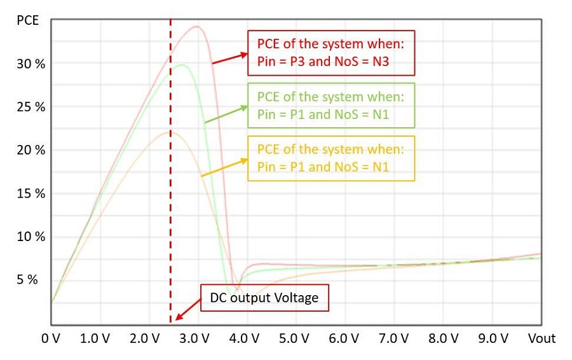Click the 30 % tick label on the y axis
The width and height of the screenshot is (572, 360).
31,64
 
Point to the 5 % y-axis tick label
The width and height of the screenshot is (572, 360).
27,280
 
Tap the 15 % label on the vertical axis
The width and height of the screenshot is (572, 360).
31,193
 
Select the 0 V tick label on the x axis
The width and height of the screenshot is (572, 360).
51,338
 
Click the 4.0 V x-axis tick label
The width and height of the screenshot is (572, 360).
244,338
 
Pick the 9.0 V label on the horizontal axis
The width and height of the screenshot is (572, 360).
493,338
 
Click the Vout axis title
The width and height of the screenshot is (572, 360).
541,338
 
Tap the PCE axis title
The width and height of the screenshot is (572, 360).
28,20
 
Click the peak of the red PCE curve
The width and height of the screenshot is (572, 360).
198,26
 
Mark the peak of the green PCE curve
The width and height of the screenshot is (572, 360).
182,65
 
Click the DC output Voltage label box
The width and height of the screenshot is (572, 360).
264,298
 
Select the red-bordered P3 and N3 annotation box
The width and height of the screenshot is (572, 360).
331,53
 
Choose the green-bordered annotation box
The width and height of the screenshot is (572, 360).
331,106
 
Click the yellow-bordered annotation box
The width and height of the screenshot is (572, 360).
331,158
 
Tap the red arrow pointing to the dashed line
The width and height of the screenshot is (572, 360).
188,310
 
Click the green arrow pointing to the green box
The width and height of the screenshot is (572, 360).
226,114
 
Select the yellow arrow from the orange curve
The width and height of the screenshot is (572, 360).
224,167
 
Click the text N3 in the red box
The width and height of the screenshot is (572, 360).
381,61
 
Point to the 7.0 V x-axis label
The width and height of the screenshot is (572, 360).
393,338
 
